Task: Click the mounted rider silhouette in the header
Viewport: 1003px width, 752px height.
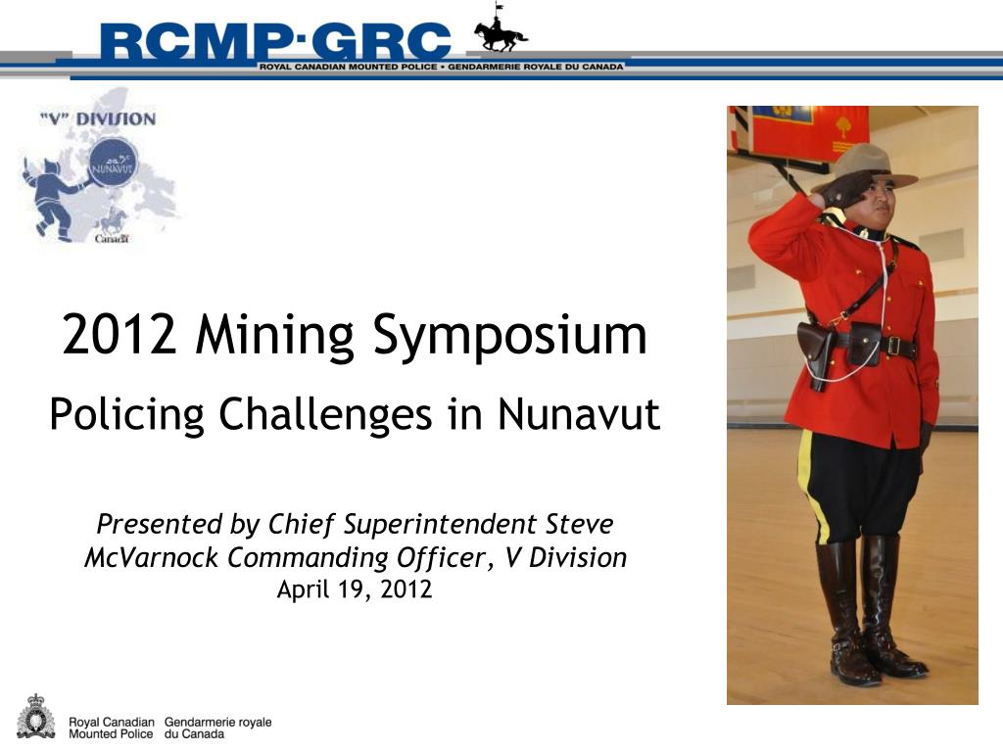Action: point(501,31)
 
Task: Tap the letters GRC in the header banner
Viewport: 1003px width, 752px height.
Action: point(383,41)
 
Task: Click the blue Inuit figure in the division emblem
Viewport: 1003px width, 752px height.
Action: point(50,195)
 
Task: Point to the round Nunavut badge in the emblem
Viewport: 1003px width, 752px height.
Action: point(115,164)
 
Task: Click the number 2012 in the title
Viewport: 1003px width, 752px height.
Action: point(119,335)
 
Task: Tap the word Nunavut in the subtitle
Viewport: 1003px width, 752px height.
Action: point(579,414)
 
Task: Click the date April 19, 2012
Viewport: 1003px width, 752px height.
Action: point(355,589)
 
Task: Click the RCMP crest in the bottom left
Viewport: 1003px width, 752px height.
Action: point(36,717)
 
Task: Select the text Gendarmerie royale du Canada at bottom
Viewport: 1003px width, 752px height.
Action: point(217,728)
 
